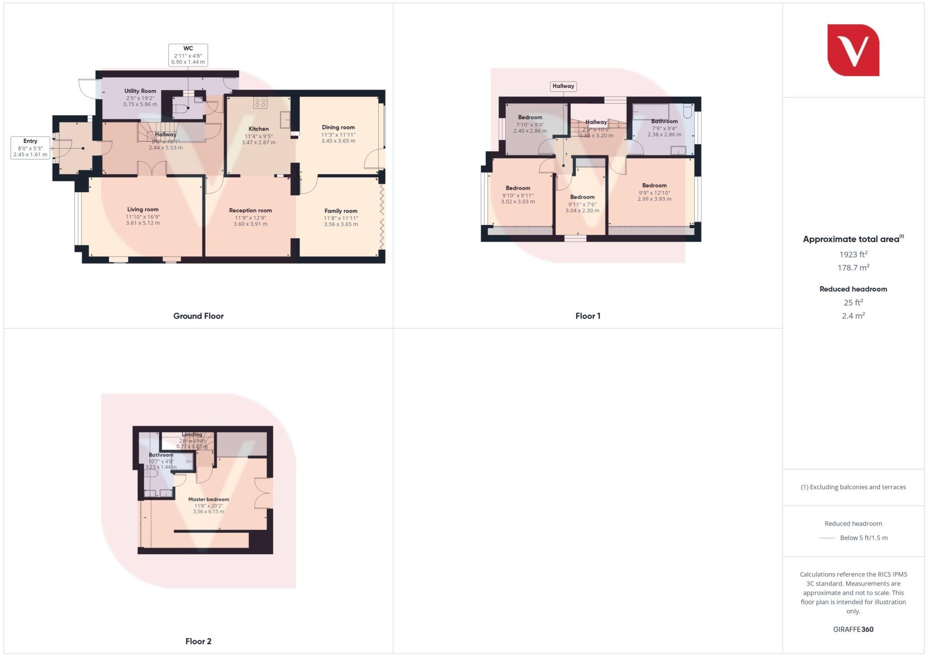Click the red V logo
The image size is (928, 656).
(x=853, y=50)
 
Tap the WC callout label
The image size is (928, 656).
(x=188, y=55)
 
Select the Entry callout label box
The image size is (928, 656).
(x=30, y=148)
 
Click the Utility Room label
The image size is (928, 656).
(x=140, y=91)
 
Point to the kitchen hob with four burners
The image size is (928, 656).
(x=260, y=103)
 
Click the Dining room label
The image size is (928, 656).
(x=338, y=127)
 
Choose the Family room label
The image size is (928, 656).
(x=341, y=211)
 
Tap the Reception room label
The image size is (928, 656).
(x=250, y=210)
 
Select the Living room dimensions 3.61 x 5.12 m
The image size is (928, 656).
(x=143, y=223)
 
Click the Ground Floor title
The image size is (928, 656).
(x=198, y=316)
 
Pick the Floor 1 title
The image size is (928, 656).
(x=588, y=316)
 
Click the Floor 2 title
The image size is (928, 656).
(x=198, y=641)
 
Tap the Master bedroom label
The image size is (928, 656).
(x=208, y=499)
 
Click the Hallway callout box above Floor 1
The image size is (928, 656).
(x=563, y=86)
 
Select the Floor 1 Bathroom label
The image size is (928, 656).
(x=664, y=121)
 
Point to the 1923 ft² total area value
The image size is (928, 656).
(x=853, y=254)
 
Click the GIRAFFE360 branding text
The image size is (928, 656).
(x=853, y=629)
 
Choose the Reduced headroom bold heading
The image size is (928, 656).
(x=853, y=289)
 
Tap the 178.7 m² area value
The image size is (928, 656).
(x=853, y=268)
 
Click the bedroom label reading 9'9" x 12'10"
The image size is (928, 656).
(x=654, y=193)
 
